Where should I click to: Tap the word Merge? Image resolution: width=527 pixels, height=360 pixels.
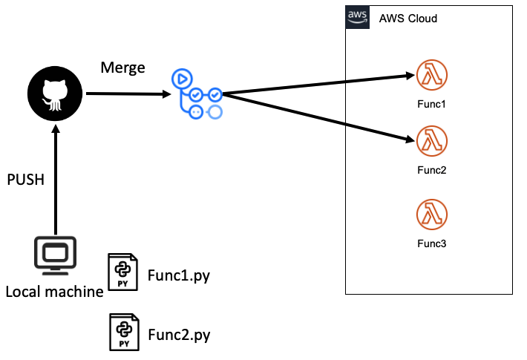pos(122,67)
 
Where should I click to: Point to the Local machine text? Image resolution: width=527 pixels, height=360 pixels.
pos(54,292)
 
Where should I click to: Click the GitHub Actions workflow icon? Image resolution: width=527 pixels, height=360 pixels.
pos(197,94)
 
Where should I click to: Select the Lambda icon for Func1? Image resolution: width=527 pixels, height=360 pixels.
pos(431,75)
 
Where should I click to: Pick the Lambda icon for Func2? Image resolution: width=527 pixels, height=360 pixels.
pos(431,140)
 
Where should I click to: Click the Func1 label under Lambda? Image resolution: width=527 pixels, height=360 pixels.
pos(431,103)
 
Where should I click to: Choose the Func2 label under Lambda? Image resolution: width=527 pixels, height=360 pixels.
pos(431,169)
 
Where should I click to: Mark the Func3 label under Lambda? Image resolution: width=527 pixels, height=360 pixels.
pos(431,243)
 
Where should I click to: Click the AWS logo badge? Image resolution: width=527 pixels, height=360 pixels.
pos(358,17)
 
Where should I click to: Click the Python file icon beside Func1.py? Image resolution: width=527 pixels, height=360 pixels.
pos(122,271)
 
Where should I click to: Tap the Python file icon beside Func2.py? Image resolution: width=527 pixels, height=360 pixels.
pos(122,331)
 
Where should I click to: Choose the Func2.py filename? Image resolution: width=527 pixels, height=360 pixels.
pos(178,335)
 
